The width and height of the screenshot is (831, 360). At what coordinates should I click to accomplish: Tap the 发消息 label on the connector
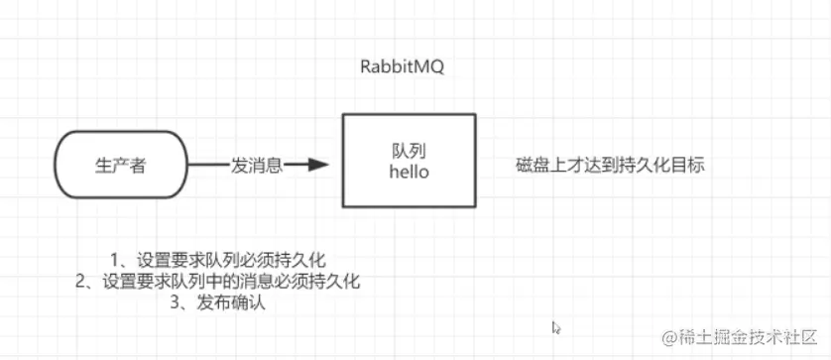[257, 166]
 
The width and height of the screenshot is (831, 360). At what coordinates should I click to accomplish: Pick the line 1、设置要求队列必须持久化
[217, 261]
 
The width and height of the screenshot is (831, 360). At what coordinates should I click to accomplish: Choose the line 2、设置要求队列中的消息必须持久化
[217, 282]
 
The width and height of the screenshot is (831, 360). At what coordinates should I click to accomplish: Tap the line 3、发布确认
[218, 303]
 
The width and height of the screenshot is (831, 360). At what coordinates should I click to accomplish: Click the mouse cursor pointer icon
[556, 326]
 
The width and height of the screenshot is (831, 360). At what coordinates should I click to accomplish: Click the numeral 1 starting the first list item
[115, 261]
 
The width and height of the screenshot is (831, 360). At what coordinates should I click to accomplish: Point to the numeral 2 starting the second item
[80, 282]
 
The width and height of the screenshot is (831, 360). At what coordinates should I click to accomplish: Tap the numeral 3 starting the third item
[177, 303]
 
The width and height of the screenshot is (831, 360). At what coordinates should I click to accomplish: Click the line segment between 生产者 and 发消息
[208, 166]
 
